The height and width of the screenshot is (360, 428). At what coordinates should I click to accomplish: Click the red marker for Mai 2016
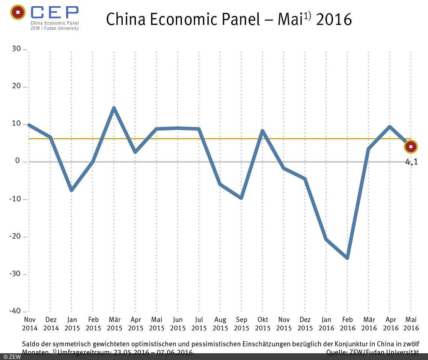411,147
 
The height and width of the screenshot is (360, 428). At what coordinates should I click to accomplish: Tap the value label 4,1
411,162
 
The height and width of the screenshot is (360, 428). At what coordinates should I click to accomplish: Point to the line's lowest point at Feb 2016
347,258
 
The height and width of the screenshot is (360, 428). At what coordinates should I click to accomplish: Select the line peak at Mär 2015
114,108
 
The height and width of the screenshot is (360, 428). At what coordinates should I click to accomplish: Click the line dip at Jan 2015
71,190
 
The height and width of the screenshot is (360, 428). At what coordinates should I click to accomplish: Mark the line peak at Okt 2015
262,130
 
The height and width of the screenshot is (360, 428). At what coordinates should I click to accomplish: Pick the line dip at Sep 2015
241,198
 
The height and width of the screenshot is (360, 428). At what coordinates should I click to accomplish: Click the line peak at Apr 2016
390,127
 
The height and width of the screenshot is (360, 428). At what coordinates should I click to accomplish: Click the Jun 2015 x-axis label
178,324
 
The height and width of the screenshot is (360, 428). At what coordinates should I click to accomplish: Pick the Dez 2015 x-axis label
305,324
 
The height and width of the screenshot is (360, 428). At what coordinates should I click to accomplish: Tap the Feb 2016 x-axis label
347,324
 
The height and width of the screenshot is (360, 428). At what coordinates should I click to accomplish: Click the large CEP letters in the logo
55,13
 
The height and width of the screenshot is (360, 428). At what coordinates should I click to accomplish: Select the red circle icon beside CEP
18,12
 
